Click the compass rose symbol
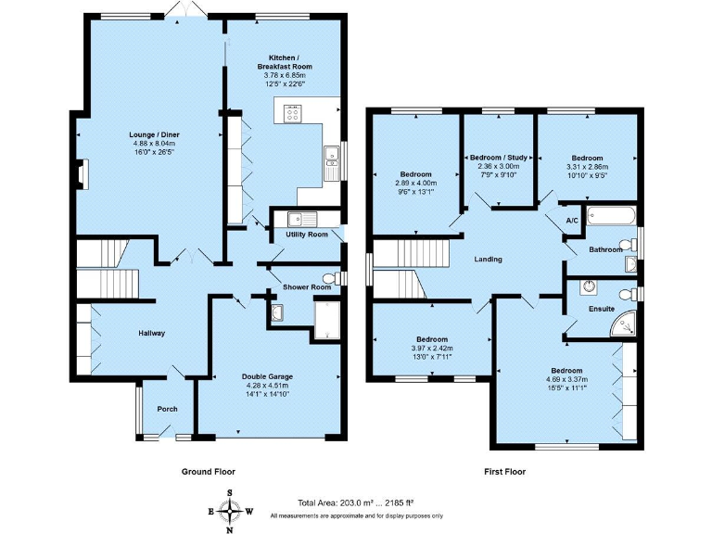[x=230, y=512]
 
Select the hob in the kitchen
[x=291, y=113]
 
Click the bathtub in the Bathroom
[x=611, y=216]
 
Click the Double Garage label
[x=267, y=376]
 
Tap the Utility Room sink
[x=302, y=220]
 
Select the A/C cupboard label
[x=572, y=221]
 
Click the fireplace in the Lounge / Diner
[x=82, y=174]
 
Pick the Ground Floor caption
[x=209, y=472]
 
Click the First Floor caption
[x=505, y=472]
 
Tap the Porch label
[x=167, y=409]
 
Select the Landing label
[x=489, y=260]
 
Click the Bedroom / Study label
[x=499, y=158]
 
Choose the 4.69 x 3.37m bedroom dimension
[x=567, y=379]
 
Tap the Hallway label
[x=152, y=334]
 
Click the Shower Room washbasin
[x=277, y=312]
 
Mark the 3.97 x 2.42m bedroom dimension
[x=432, y=349]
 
